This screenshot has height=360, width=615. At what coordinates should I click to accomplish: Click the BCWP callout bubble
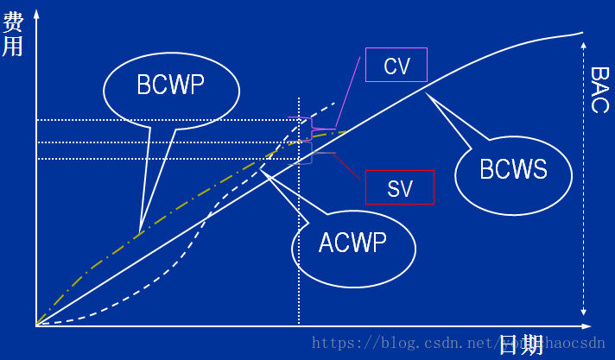[x=171, y=85]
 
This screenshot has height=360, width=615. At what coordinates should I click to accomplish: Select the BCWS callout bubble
[x=513, y=169]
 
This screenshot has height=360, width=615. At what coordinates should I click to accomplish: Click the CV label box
[x=396, y=65]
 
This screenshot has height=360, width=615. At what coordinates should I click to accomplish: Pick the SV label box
[x=399, y=187]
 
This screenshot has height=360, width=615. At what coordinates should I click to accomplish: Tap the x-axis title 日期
[x=521, y=344]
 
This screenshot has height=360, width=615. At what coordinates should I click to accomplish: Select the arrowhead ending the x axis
[x=586, y=326]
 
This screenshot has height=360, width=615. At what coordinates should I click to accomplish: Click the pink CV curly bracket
[x=312, y=127]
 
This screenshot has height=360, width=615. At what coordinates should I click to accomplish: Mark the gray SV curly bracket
[x=311, y=153]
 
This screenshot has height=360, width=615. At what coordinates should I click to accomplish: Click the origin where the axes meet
[x=36, y=326]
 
